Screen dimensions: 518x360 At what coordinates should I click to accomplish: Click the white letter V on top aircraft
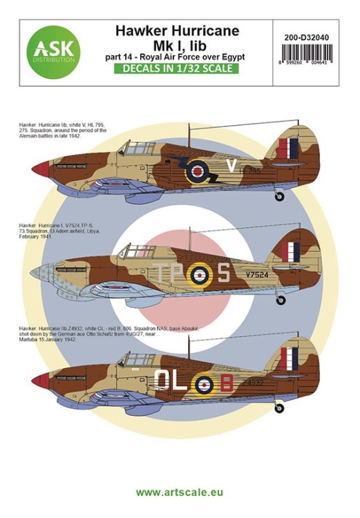pyautogui.click(x=231, y=166)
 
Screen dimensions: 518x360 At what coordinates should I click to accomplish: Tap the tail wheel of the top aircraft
pyautogui.click(x=279, y=197)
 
